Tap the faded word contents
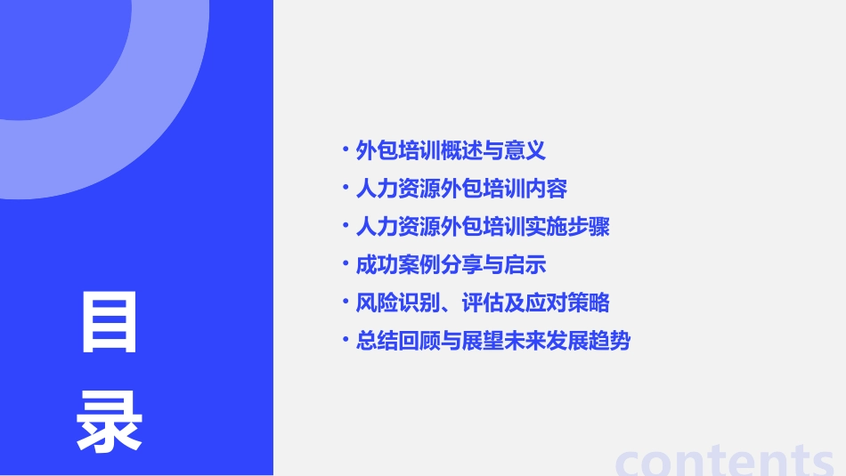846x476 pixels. click(725, 460)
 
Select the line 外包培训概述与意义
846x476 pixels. click(450, 150)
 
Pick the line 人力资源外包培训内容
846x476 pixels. click(460, 189)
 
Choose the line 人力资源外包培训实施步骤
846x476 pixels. click(482, 227)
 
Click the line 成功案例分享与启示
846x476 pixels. click(450, 265)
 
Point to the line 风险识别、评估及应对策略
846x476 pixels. click(482, 303)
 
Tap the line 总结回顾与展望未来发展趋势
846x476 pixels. click(492, 342)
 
